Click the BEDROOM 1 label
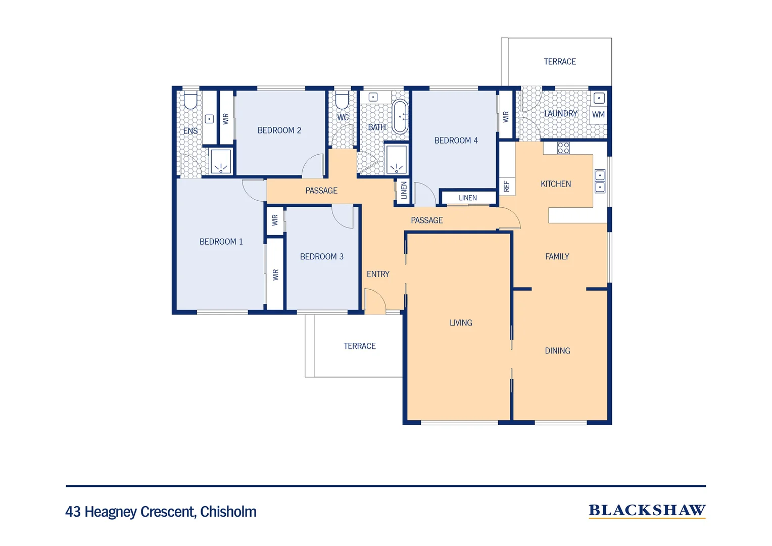(x=221, y=242)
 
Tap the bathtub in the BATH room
(x=400, y=117)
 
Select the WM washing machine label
(x=598, y=115)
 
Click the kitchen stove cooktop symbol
(x=563, y=148)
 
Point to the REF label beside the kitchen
(x=507, y=187)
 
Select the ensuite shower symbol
(x=221, y=162)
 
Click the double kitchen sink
(x=600, y=181)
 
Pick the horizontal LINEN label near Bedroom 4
(x=467, y=198)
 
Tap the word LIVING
(x=461, y=323)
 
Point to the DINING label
(x=557, y=351)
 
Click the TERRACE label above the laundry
(x=559, y=62)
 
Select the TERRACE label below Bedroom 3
(x=359, y=346)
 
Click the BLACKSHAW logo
(x=647, y=511)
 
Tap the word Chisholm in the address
(x=228, y=512)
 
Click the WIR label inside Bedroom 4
(x=506, y=117)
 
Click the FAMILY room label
(x=557, y=257)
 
